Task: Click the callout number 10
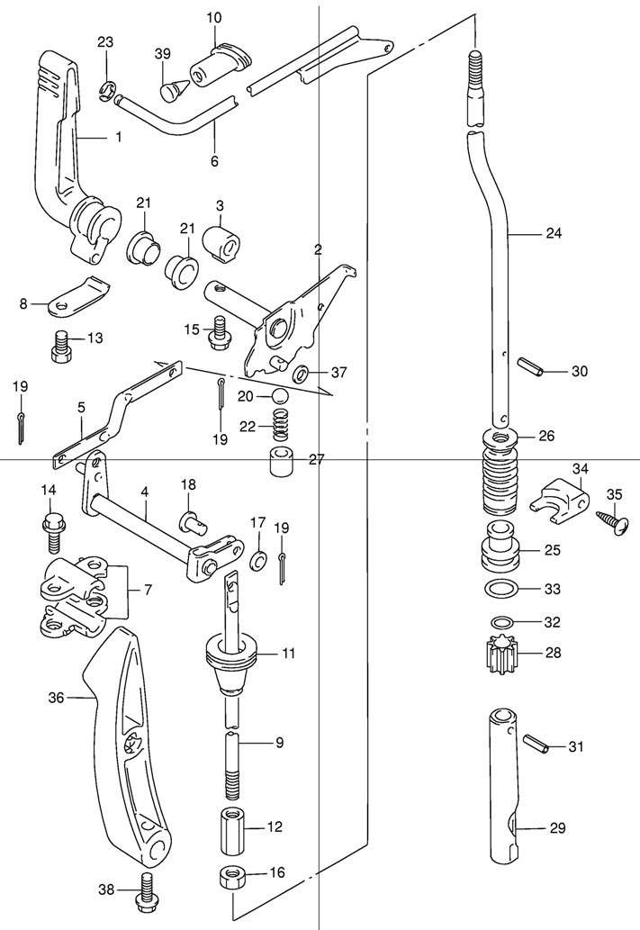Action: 214,17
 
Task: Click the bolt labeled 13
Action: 59,346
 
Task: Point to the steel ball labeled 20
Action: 281,395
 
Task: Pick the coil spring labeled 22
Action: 282,425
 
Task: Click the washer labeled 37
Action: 301,374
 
